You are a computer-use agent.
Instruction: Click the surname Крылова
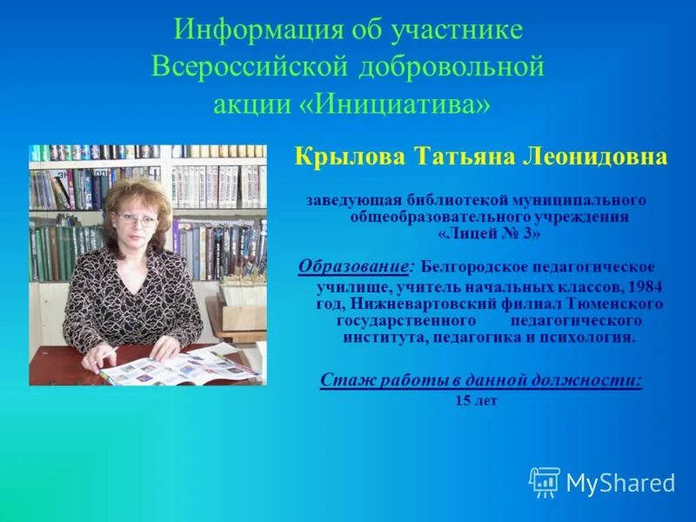338,157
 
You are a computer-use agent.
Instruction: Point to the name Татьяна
451,157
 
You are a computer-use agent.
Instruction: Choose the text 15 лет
476,401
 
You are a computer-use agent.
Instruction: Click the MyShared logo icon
545,481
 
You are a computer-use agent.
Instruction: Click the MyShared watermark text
620,483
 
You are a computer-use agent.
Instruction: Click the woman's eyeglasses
137,219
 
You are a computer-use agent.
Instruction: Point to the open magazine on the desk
178,365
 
